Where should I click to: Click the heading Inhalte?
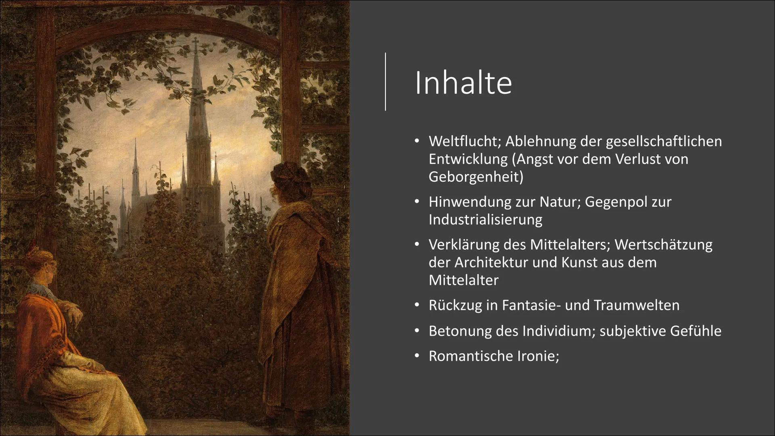click(x=463, y=83)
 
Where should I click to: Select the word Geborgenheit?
click(x=475, y=177)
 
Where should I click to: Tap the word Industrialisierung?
click(x=485, y=220)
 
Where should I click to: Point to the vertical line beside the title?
click(x=385, y=82)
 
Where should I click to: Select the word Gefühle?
click(x=695, y=331)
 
